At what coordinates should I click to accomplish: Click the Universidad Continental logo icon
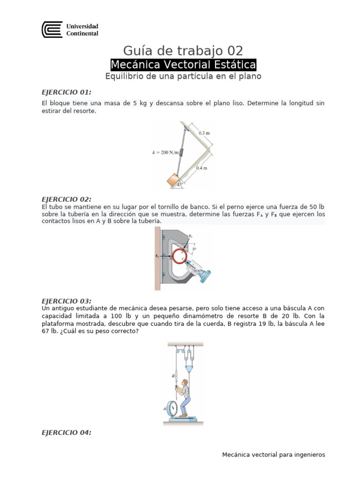click(x=52, y=30)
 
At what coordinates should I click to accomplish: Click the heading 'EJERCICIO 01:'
click(x=67, y=92)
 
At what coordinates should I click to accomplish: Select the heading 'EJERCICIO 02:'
click(x=67, y=199)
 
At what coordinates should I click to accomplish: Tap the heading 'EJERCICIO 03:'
click(x=67, y=301)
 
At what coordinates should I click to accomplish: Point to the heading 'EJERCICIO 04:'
click(x=67, y=433)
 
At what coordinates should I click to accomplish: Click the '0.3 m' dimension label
click(x=204, y=133)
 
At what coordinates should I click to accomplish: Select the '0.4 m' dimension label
click(x=202, y=167)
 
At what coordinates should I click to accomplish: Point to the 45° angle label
click(x=180, y=185)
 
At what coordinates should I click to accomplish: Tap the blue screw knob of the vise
click(x=205, y=277)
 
